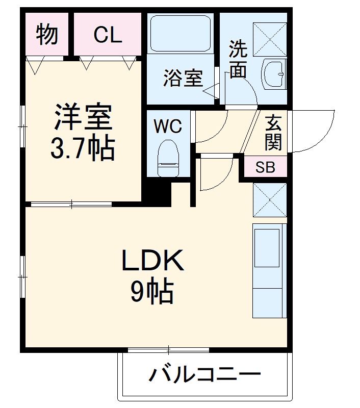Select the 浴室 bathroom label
[x=183, y=78]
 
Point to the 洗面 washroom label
[x=238, y=59]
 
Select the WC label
[x=168, y=126]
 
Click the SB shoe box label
[x=265, y=167]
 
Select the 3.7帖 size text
[x=82, y=148]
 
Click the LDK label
[x=151, y=262]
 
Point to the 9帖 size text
[x=151, y=292]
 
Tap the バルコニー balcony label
[x=204, y=375]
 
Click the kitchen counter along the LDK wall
[x=267, y=270]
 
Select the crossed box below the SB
[x=269, y=199]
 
